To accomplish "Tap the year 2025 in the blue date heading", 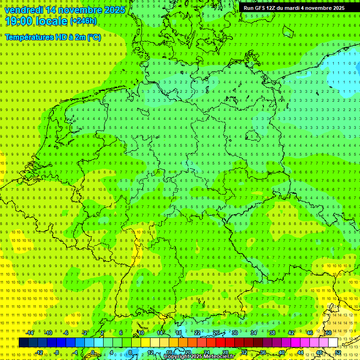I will tap(114, 10).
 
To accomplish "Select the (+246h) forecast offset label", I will tap(83, 21).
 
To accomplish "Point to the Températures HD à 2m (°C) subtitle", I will tap(52, 37).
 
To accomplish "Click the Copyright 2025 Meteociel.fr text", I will tap(199, 356).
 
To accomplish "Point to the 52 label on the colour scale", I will tap(338, 352).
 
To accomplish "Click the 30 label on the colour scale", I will tap(235, 333).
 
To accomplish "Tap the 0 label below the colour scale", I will tap(93, 352).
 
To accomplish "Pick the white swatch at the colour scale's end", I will tap(333, 342).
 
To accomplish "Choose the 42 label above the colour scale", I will tap(291, 333).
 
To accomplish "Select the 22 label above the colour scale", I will tap(197, 333).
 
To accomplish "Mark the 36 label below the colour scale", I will tap(263, 352).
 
